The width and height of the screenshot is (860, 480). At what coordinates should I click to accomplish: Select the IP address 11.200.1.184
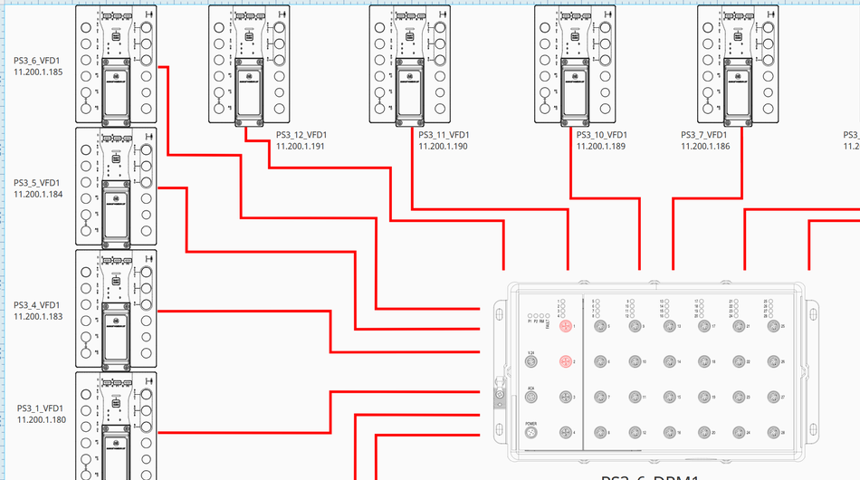(x=38, y=194)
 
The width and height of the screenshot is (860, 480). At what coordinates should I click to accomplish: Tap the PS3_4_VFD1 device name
(x=38, y=304)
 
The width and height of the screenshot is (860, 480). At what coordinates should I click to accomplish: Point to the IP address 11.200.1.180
(x=41, y=419)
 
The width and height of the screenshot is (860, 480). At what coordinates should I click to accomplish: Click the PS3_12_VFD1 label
(x=301, y=135)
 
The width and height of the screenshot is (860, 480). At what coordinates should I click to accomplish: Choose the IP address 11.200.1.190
(x=443, y=146)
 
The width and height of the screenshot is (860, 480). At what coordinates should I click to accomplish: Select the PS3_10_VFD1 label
(x=602, y=135)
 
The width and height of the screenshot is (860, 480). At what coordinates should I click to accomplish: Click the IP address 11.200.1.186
(x=705, y=146)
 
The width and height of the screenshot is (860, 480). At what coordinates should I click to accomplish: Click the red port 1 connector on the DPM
(x=565, y=326)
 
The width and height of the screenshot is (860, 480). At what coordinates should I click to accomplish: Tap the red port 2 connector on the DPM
(x=565, y=362)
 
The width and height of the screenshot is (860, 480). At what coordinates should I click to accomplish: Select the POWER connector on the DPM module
(x=531, y=434)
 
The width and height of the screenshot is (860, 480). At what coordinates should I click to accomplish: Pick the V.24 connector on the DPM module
(x=531, y=362)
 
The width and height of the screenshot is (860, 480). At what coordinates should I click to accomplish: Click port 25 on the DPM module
(x=772, y=326)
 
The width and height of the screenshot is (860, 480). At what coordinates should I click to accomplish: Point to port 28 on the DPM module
(x=772, y=434)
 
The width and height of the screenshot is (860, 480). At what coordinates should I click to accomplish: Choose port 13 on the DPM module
(x=669, y=326)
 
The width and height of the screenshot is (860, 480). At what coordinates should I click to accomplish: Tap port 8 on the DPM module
(x=599, y=434)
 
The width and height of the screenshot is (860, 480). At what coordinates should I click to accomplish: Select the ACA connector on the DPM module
(x=531, y=398)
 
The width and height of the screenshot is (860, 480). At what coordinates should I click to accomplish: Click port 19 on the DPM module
(x=703, y=398)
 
